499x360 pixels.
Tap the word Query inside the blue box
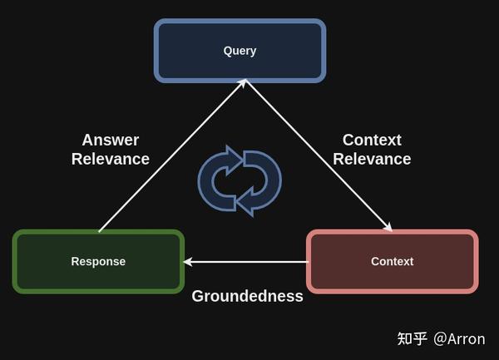coord(240,51)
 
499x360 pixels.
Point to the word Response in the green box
coord(98,261)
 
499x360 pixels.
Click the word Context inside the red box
coord(392,261)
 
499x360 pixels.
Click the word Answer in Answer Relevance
coord(110,140)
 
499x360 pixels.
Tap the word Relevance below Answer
coord(110,159)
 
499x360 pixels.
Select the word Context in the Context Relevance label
coord(372,140)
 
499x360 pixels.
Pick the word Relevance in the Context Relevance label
coord(372,159)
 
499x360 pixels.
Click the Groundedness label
coord(247,296)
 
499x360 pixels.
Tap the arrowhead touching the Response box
coord(189,262)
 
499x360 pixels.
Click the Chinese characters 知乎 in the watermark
coord(413,338)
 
